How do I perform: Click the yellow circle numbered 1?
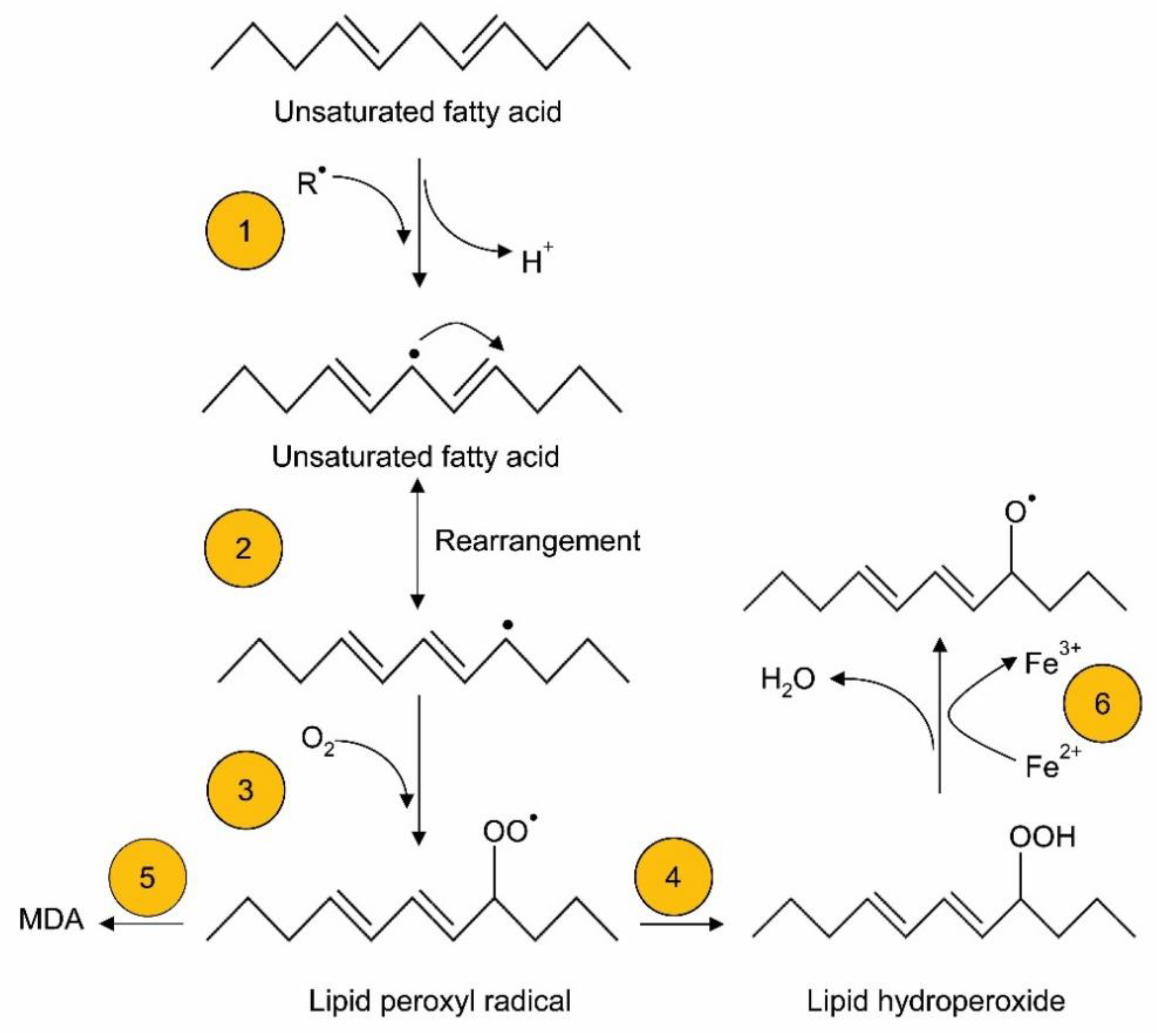(x=245, y=230)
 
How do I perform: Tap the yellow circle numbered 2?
(x=243, y=548)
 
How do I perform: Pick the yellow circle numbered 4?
(x=673, y=877)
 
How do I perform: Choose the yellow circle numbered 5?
(x=147, y=877)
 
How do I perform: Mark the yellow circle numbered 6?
(x=1102, y=703)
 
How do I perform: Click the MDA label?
(x=51, y=919)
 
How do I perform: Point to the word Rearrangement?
(x=537, y=540)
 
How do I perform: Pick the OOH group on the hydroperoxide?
(x=1042, y=837)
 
